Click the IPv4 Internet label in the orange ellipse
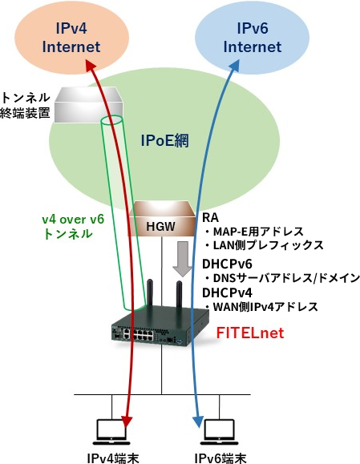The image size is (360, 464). (71, 38)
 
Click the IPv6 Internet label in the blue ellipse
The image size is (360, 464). (253, 38)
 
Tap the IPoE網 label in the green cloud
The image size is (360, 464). (164, 140)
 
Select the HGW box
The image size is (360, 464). (162, 219)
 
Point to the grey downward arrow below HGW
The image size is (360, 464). (183, 259)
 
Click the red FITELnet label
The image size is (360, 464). (250, 333)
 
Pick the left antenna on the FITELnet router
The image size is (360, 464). (150, 292)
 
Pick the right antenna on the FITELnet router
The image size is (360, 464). (179, 293)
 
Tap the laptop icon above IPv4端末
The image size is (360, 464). (111, 432)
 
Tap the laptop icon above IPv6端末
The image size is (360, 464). (220, 432)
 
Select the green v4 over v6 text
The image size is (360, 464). (73, 220)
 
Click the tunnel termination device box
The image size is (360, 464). (88, 105)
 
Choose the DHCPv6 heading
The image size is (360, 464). (227, 264)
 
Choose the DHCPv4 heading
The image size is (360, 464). (227, 293)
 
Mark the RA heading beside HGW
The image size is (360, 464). (210, 218)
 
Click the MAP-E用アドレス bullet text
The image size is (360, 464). (255, 232)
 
